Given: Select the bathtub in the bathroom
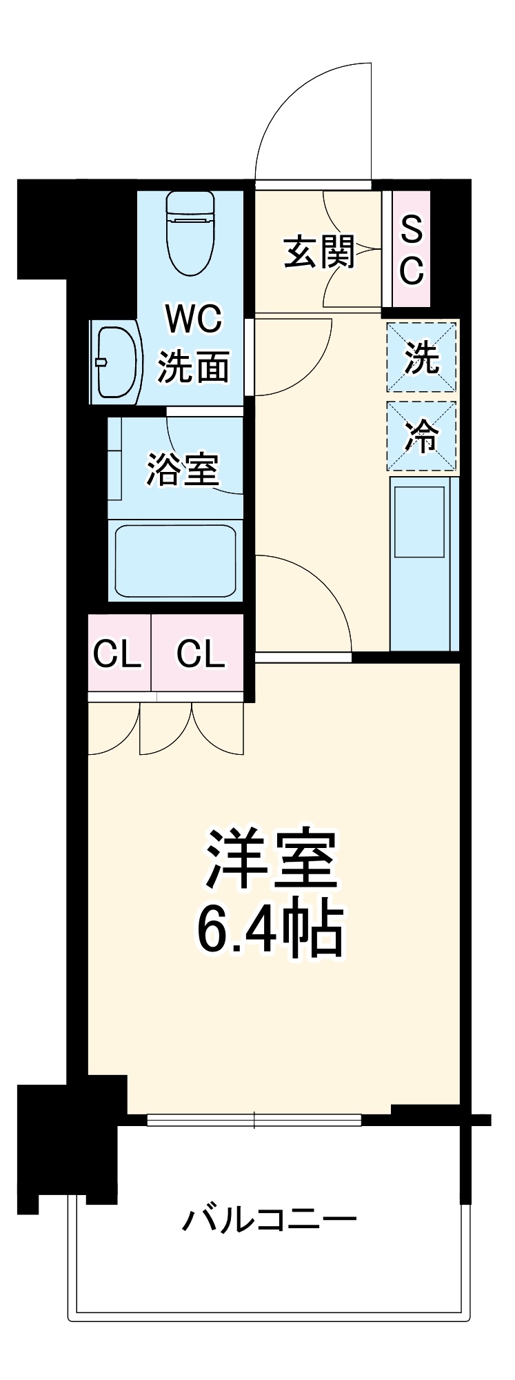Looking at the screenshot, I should pos(176,561).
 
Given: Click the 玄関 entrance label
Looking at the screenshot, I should pos(319,252).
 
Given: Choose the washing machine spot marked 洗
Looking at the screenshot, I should pos(421,357).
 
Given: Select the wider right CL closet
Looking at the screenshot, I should pos(199,653).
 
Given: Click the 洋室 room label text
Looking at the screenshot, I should pos(270,858).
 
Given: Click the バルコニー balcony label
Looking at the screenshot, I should pos(269,1219).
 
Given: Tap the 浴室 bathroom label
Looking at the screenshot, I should pos(182,469).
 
